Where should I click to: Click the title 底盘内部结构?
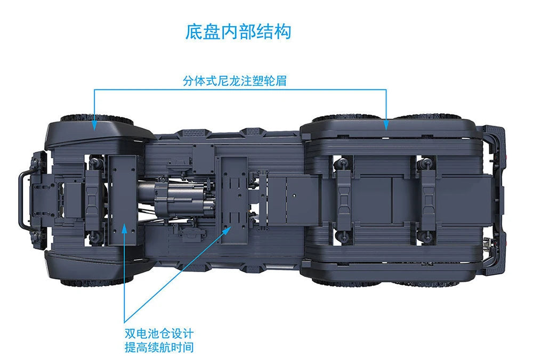click(238, 31)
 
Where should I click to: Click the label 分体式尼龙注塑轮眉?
click(235, 80)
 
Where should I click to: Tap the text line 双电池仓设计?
click(159, 333)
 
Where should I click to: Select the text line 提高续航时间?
click(159, 347)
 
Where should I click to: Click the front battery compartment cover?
click(122, 200)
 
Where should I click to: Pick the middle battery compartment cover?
click(234, 200)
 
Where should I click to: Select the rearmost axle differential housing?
click(427, 200)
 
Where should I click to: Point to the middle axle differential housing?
click(344, 200)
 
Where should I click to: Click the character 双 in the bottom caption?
click(130, 333)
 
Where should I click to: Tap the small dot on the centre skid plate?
click(294, 196)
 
